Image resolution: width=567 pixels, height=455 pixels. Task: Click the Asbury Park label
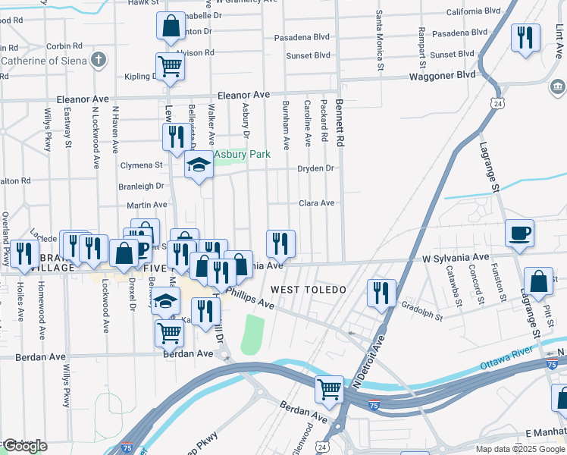click(242, 155)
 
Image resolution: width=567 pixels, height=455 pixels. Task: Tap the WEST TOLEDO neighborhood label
click(309, 290)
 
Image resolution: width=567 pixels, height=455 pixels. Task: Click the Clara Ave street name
click(317, 203)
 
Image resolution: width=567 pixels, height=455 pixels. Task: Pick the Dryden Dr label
click(315, 168)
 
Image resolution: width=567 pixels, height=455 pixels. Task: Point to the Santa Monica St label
click(378, 42)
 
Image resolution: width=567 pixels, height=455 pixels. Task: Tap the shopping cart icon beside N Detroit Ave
click(329, 389)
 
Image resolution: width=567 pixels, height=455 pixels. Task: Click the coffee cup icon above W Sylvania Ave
click(519, 233)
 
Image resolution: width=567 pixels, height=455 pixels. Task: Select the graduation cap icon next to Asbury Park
click(199, 165)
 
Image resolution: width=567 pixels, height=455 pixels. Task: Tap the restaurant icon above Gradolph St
click(381, 293)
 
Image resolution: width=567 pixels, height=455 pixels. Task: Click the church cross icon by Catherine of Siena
click(99, 59)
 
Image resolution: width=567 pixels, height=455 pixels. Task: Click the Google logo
click(25, 445)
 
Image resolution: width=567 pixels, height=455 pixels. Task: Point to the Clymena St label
click(142, 165)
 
